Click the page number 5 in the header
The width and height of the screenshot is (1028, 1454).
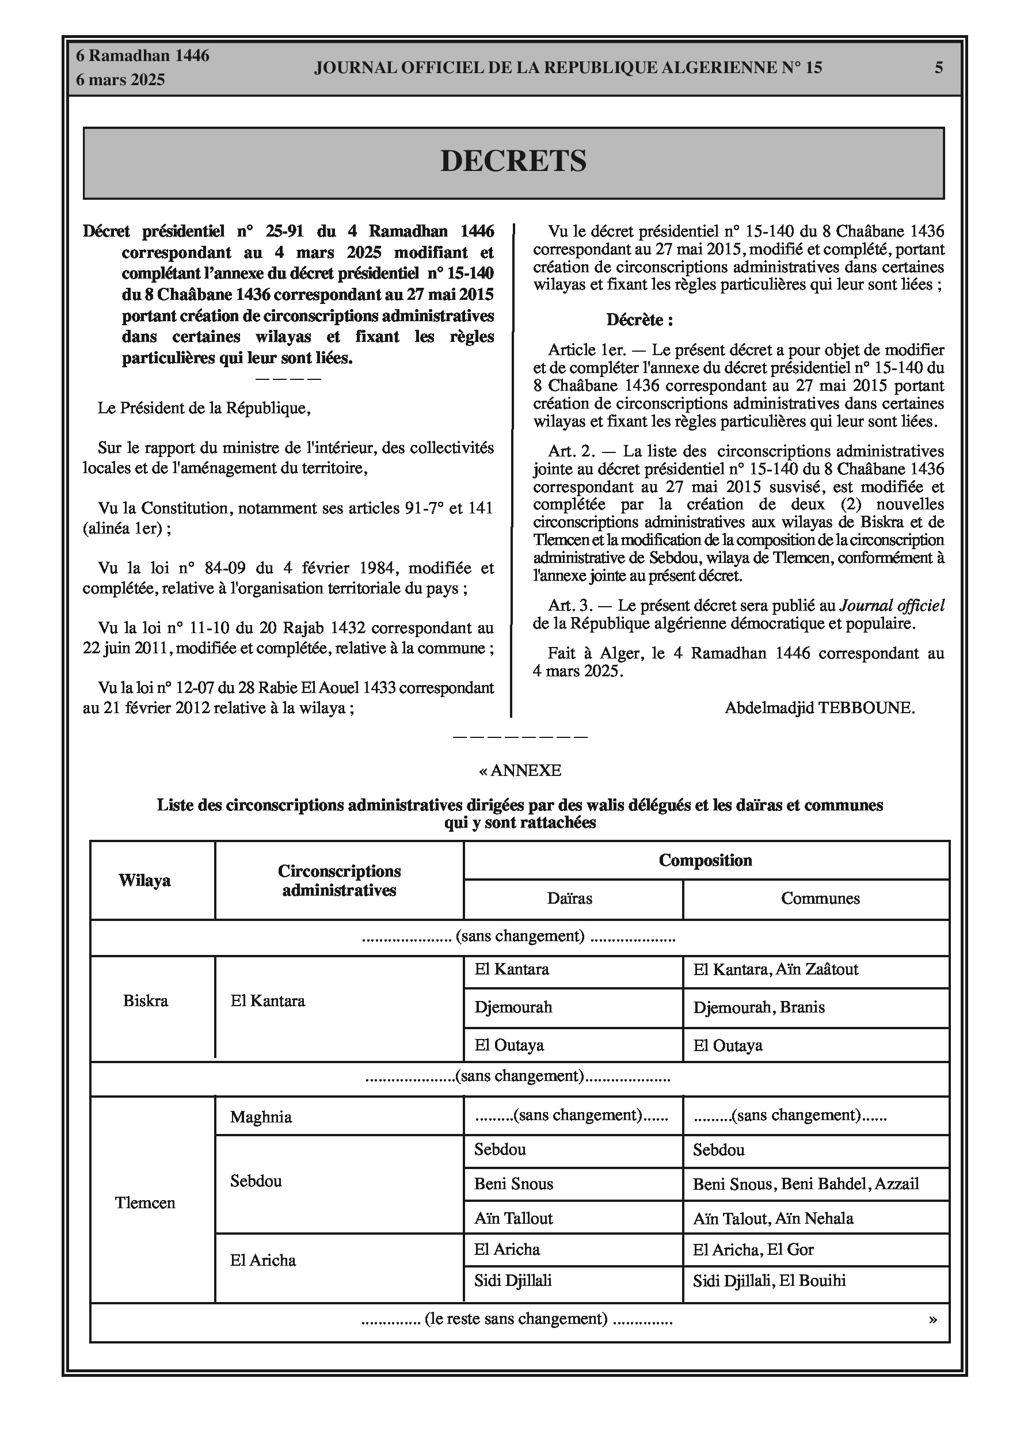point(938,68)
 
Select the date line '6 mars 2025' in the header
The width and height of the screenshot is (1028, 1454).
point(120,80)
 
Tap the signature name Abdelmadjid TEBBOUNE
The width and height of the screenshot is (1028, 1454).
point(819,708)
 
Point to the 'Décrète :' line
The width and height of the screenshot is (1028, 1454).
point(639,320)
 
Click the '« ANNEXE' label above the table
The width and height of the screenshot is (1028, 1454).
point(520,771)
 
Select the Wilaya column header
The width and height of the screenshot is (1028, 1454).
point(144,881)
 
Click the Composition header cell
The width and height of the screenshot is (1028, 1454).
point(705,860)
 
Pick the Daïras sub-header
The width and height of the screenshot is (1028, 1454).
point(569,899)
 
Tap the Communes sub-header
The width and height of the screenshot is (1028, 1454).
point(820,899)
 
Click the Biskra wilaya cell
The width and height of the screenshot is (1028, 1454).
point(146,1001)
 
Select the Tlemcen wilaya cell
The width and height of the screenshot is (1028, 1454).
point(145,1203)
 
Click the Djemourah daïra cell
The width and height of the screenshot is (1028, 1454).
point(513,1007)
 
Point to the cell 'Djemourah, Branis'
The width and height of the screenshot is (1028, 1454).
point(759,1007)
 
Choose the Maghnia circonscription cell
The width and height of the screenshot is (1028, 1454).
point(261,1117)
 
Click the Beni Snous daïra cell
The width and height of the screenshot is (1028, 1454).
point(513,1184)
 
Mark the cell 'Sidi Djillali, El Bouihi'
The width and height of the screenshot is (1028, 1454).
point(769,1281)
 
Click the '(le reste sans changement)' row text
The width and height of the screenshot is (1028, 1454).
point(516,1319)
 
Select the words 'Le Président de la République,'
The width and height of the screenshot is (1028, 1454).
point(204,409)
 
